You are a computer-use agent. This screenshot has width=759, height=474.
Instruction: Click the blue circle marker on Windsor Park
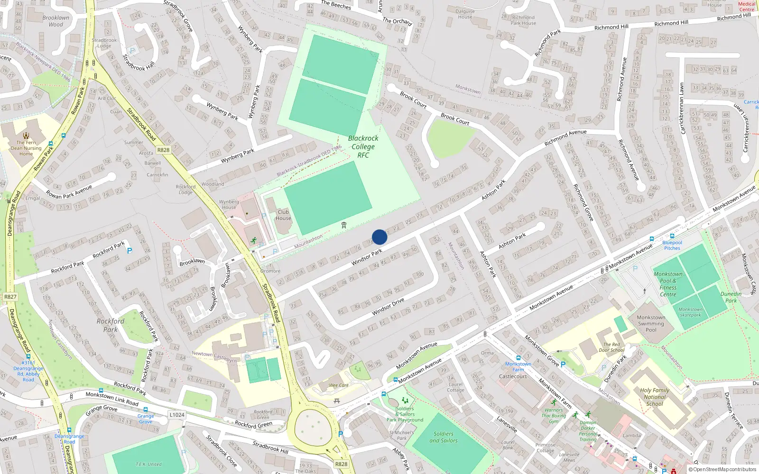point(379,237)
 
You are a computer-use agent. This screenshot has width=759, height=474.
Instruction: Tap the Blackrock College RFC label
point(363,146)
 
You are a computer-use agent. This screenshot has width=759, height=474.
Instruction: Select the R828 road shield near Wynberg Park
point(163,150)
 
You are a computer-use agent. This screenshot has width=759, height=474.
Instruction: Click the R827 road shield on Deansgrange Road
point(10,297)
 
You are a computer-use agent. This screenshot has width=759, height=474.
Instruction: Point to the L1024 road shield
point(176,415)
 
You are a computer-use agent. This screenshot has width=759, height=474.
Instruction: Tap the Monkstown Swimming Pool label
point(651,324)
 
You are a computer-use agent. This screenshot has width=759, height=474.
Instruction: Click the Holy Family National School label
point(655,397)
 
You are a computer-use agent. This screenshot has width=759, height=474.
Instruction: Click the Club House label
point(283,215)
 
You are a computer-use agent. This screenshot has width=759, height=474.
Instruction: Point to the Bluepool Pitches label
point(672,245)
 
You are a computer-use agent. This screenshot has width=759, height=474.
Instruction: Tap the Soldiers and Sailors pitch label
point(444,437)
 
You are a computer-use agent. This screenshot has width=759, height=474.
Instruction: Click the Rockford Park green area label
point(111,325)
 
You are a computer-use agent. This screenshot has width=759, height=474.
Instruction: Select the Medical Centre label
point(746,7)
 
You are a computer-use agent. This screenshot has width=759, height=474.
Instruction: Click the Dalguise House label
point(465,14)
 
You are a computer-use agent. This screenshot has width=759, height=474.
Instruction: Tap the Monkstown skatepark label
point(690,312)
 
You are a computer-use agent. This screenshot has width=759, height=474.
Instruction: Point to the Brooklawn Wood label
point(56,21)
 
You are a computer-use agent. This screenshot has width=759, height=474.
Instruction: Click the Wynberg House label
point(229,204)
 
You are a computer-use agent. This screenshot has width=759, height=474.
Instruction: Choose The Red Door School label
point(611,347)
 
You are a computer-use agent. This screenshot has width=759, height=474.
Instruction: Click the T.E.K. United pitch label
point(148,464)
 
